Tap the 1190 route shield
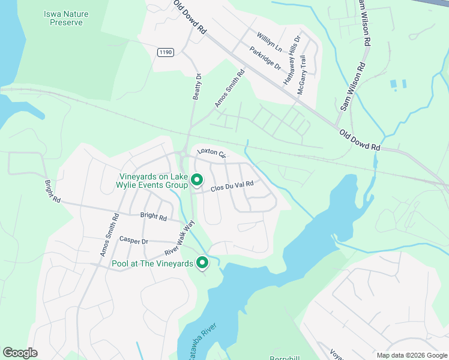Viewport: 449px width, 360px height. pos(166,53)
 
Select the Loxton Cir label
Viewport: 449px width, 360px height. pos(211,154)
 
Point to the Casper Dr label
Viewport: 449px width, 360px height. pos(134,241)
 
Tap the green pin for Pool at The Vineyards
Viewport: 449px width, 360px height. pos(203,262)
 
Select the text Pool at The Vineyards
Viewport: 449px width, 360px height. pos(152,263)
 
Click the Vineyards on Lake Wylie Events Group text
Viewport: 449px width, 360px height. pos(152,181)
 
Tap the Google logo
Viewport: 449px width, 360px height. pos(20,353)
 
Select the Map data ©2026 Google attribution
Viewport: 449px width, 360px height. pos(411,355)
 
